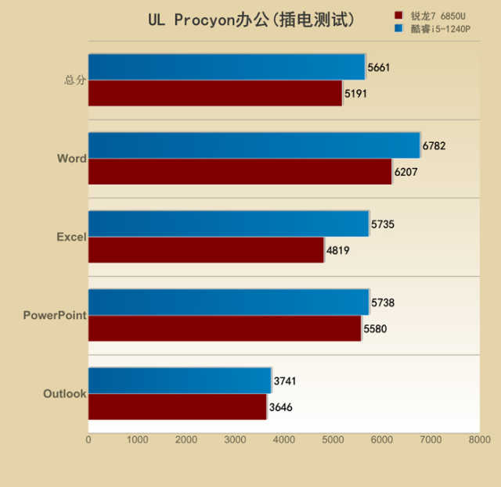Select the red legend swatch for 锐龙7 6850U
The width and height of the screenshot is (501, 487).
click(398, 15)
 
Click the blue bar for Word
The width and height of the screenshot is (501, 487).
click(254, 145)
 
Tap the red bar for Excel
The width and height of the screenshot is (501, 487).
click(206, 250)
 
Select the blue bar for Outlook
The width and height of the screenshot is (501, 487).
click(179, 381)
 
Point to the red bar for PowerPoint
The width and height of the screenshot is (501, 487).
click(225, 328)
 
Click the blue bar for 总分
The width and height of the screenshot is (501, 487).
click(226, 67)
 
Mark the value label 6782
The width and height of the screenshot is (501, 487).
click(434, 145)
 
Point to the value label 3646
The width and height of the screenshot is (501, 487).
click(281, 407)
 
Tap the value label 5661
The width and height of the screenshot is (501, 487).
click(379, 67)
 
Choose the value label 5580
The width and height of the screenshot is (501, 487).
click(375, 329)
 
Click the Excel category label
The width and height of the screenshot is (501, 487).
click(71, 237)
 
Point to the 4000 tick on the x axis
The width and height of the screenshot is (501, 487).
click(284, 440)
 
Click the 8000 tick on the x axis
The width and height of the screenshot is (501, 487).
click(479, 440)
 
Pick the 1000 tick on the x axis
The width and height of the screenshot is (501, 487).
click(137, 440)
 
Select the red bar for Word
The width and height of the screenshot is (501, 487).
click(240, 172)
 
